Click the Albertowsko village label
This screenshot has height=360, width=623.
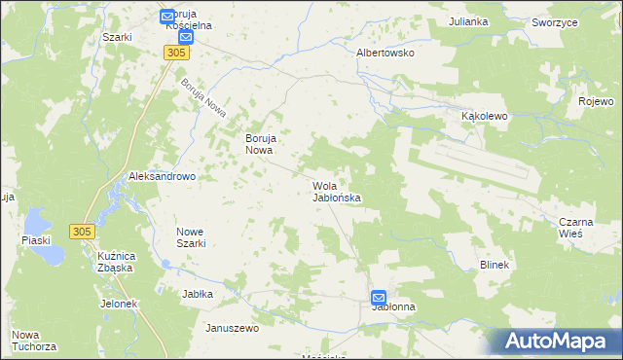coord(386,53)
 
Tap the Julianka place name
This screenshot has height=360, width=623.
coord(467,20)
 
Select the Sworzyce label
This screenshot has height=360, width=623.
coord(551,20)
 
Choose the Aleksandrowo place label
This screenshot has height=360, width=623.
coord(163,176)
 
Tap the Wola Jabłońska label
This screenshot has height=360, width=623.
coord(337,191)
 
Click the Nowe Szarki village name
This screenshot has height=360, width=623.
coord(190,237)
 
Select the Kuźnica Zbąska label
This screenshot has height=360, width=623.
coord(114,261)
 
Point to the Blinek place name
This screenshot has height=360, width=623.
coord(495,264)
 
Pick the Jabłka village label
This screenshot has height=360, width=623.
coord(197,293)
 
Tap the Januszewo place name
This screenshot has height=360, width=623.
coord(231,328)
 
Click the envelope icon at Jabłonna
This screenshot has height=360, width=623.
coord(378,298)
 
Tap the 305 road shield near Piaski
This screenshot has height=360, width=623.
coord(82,231)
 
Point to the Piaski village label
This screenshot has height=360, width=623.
coord(35,239)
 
